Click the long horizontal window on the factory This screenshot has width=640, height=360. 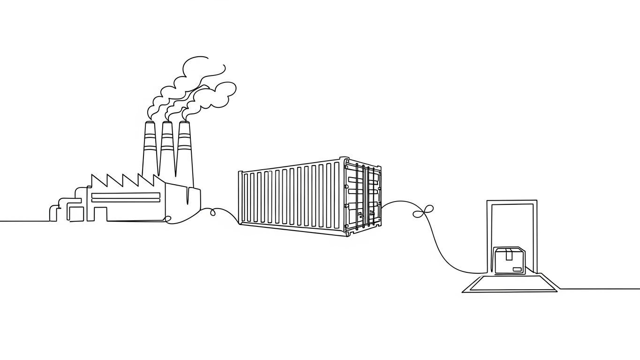coord(125,197)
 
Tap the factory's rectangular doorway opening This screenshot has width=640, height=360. coord(100,214)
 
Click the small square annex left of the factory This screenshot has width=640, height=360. coord(76,214)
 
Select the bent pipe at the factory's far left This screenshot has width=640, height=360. coord(53,212)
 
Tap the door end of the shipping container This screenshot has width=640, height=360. coord(363,197)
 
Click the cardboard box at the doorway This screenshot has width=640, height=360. coord(509,262)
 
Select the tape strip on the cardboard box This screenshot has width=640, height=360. coord(509,254)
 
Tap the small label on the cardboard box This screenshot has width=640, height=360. coord(517,269)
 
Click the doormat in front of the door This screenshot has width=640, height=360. coord(510,284)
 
